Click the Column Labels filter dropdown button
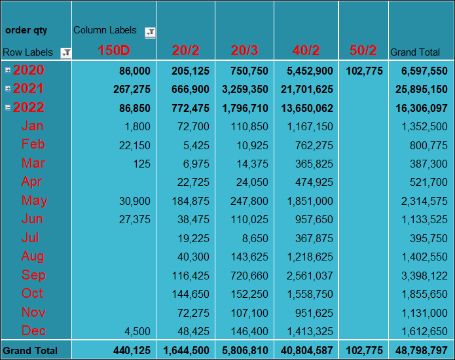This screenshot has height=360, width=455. (x=150, y=33)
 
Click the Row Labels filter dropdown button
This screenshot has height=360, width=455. (x=66, y=53)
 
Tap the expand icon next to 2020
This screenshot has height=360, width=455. (x=8, y=70)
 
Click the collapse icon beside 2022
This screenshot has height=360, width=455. (x=8, y=107)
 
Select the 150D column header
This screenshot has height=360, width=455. (x=114, y=50)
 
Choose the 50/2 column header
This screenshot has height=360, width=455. (x=363, y=50)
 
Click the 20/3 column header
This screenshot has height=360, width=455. (x=244, y=50)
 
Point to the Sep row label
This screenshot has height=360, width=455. (x=33, y=275)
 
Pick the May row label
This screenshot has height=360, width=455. (x=35, y=200)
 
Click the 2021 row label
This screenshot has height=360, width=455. (x=28, y=88)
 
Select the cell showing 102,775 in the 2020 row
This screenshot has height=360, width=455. (x=364, y=71)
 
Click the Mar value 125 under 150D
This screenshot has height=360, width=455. (x=141, y=164)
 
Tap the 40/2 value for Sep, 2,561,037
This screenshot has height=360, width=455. (x=310, y=276)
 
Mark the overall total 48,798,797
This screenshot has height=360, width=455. (x=422, y=350)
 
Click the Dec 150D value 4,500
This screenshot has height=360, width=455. (x=137, y=331)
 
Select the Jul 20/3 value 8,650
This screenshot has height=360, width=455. (x=255, y=238)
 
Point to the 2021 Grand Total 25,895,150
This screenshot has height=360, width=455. (x=422, y=90)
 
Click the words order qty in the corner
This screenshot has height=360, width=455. (x=26, y=31)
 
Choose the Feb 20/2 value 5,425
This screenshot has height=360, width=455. (x=196, y=145)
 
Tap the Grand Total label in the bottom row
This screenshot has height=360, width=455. (x=30, y=350)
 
